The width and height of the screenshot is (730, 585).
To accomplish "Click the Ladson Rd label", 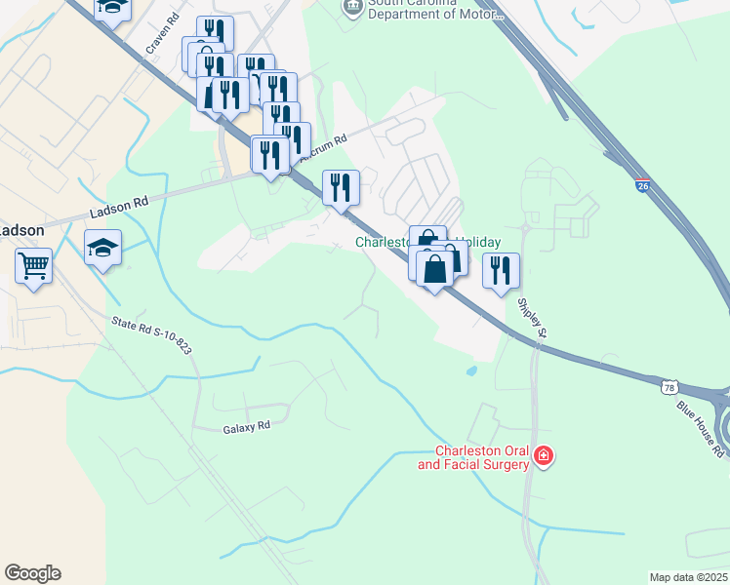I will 118,207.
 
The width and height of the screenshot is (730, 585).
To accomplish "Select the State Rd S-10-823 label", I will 150,331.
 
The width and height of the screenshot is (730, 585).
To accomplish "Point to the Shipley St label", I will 531,319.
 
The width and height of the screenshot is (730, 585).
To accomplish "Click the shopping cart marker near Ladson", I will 34,264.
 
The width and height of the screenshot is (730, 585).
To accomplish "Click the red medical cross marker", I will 544,455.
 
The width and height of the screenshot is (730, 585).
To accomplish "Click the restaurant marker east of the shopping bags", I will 501,270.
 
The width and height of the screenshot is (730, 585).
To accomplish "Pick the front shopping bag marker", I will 435,270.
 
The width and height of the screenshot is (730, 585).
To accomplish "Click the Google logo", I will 32,573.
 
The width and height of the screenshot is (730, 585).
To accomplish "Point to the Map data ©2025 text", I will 688,577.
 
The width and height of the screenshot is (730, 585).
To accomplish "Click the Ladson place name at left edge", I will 20,230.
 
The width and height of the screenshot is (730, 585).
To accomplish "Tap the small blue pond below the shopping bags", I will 472,370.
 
